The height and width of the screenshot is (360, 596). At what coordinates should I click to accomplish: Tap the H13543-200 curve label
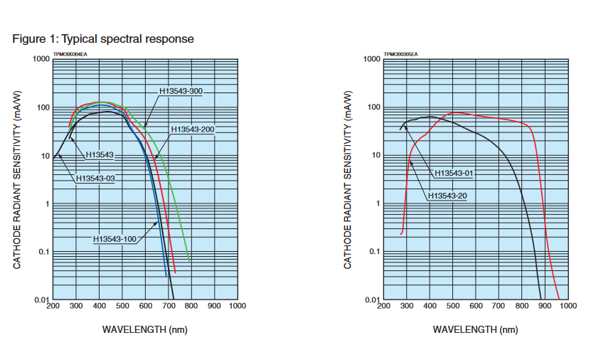point(193,129)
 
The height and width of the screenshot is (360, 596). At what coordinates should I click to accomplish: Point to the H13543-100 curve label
point(115,239)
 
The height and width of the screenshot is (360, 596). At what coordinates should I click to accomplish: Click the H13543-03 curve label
point(95,178)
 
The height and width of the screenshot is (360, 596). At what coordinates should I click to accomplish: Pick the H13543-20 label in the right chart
point(448,196)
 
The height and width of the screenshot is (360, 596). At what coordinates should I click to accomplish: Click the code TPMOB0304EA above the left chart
point(70,53)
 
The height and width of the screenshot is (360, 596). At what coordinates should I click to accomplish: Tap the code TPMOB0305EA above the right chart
point(400,53)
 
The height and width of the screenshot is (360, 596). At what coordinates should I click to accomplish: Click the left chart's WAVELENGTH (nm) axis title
point(145,329)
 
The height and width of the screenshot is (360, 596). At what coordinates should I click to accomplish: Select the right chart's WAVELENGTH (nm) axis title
point(475,329)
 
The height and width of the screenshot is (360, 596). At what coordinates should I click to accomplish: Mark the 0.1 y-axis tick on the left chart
point(43,252)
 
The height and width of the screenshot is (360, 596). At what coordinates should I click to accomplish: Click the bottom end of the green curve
point(189,260)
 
